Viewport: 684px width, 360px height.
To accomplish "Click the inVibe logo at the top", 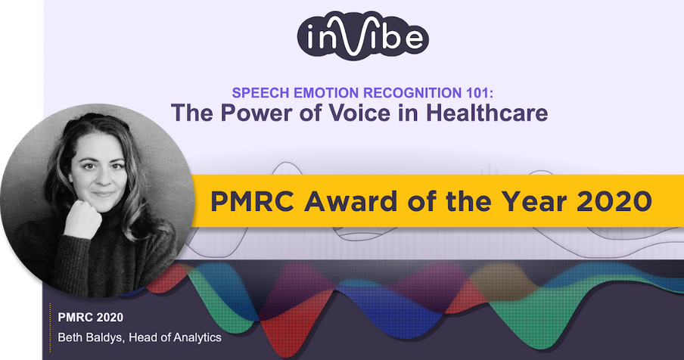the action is click(x=363, y=36).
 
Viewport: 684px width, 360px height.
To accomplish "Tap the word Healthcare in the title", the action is click(x=487, y=113).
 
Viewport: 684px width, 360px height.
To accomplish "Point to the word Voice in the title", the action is click(x=359, y=113).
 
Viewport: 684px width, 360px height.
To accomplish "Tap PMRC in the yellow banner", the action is click(x=253, y=201).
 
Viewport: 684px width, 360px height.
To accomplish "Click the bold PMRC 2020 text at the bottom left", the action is click(x=91, y=318).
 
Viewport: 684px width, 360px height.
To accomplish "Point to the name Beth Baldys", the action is click(x=90, y=337).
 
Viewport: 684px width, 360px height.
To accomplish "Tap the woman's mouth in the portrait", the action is click(x=104, y=194).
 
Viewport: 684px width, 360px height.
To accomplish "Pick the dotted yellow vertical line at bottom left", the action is click(x=50, y=327).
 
